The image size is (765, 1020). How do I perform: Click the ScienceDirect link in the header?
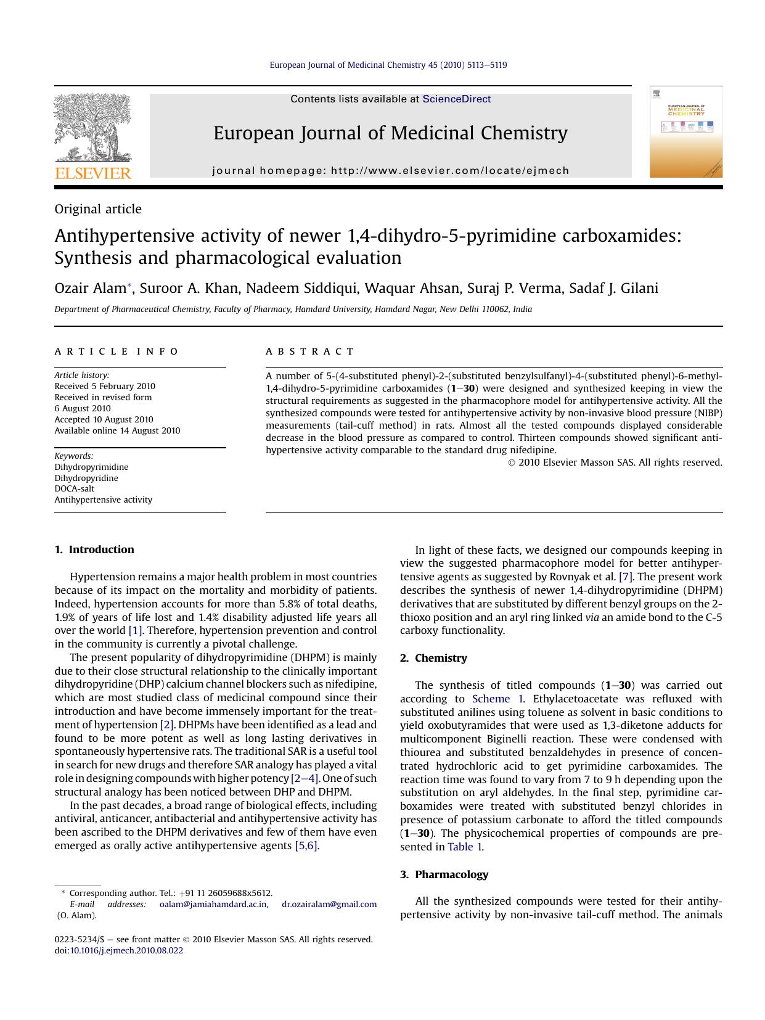(x=456, y=99)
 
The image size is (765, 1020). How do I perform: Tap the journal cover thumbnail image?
(x=685, y=131)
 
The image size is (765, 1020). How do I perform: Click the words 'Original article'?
(x=98, y=209)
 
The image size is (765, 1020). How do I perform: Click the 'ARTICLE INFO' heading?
(x=117, y=352)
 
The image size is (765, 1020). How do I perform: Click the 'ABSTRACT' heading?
(x=310, y=352)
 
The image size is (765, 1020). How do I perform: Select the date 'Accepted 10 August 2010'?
(x=104, y=419)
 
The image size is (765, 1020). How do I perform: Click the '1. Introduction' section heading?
(x=94, y=549)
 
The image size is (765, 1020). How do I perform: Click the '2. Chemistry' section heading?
(x=433, y=658)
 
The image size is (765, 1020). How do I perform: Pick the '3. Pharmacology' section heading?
(x=444, y=874)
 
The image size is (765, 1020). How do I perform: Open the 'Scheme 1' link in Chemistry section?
(x=497, y=699)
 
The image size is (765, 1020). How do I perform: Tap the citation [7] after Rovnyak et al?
(x=626, y=577)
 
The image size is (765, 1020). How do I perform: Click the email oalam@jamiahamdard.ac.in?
(x=213, y=904)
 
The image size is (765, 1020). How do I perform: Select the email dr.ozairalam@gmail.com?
(x=329, y=904)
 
